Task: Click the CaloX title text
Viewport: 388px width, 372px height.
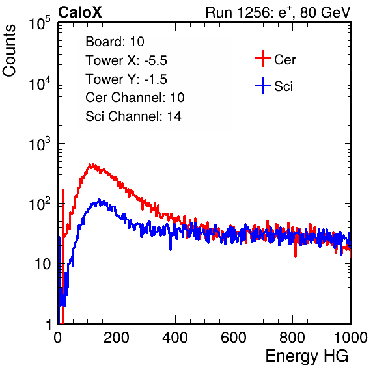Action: [80, 12]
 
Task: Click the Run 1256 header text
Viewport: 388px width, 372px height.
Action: [278, 12]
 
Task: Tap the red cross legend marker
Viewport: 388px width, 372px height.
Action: [263, 59]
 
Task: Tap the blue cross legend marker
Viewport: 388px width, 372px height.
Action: [263, 85]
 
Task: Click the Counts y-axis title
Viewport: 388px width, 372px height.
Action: [9, 51]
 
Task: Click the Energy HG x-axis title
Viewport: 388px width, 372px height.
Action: [307, 356]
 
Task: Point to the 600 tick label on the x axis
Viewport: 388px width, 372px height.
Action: [234, 338]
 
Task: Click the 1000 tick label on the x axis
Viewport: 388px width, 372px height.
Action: [351, 338]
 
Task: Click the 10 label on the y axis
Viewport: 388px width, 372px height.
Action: [42, 265]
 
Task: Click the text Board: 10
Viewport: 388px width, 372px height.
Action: [115, 41]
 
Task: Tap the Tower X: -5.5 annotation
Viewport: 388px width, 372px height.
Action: [126, 60]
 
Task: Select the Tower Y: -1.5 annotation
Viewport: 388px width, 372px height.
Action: [126, 79]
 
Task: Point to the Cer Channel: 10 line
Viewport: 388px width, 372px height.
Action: [135, 98]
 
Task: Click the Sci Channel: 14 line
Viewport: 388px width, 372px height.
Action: [133, 116]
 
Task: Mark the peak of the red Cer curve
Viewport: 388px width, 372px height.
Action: [90, 165]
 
